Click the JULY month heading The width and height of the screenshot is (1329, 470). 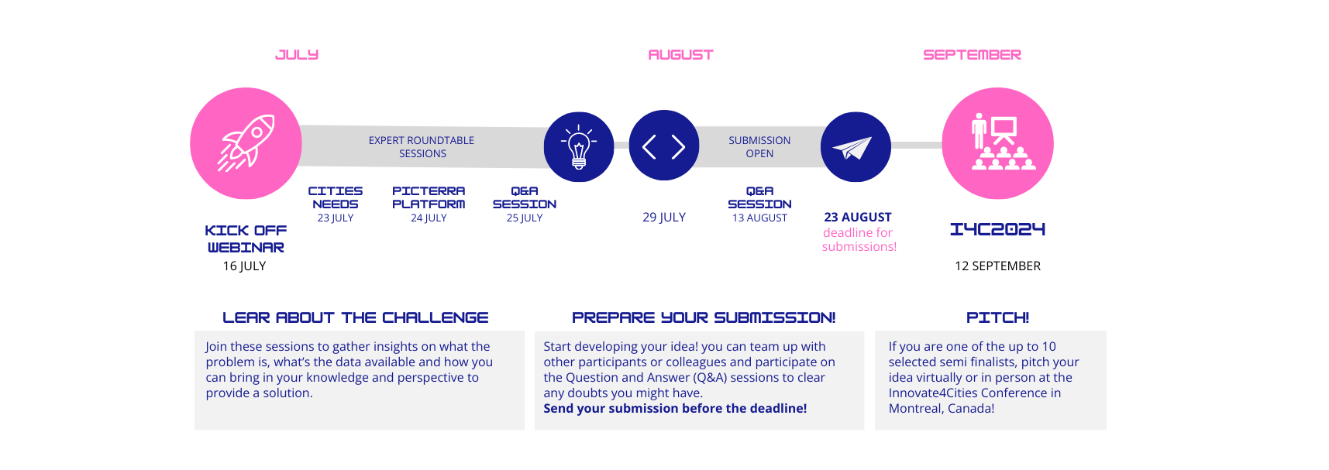[x=297, y=55]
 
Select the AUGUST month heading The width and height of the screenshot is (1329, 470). [x=680, y=55]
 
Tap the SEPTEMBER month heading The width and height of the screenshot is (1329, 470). [x=972, y=55]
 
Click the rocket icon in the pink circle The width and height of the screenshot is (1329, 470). [x=246, y=143]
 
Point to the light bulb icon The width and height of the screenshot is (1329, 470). [x=579, y=146]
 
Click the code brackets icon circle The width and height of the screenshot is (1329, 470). [x=664, y=146]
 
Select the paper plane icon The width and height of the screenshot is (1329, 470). [x=855, y=147]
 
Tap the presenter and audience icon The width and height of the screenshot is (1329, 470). [x=998, y=143]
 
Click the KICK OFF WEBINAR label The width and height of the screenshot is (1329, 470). [x=246, y=239]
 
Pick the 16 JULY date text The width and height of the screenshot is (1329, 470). [x=244, y=266]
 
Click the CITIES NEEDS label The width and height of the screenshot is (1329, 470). [x=336, y=197]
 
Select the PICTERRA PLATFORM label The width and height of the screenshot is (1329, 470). [x=429, y=197]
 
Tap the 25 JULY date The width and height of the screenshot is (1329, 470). [x=525, y=218]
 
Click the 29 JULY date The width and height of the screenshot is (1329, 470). [x=664, y=218]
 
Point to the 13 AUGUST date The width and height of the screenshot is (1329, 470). [x=759, y=218]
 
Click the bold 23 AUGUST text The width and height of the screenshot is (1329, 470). [x=858, y=218]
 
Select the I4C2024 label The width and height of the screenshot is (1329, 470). [x=997, y=229]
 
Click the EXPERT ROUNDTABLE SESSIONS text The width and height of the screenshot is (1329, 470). [x=422, y=147]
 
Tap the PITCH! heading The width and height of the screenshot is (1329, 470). [x=997, y=317]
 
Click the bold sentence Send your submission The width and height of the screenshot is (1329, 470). [x=675, y=409]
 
